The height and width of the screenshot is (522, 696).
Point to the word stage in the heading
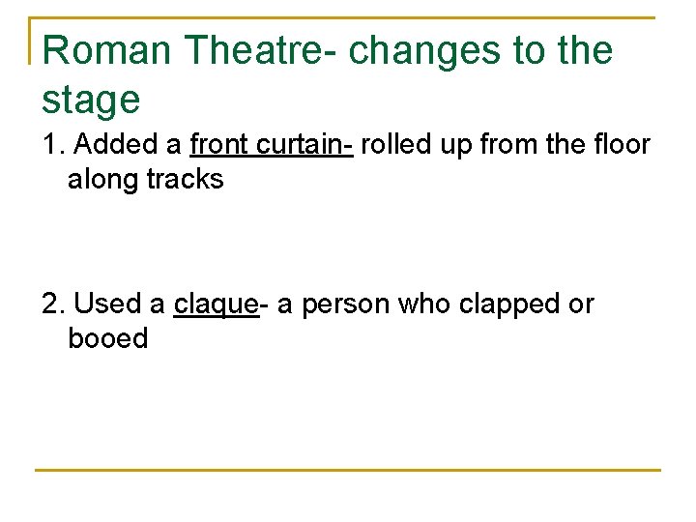pyautogui.click(x=91, y=100)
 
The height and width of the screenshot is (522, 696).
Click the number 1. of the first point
pyautogui.click(x=54, y=145)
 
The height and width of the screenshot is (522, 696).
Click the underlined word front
pyautogui.click(x=220, y=145)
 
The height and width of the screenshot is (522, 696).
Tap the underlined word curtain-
pyautogui.click(x=305, y=145)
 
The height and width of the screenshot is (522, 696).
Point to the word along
pyautogui.click(x=103, y=180)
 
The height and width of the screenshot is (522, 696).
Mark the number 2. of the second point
pyautogui.click(x=54, y=304)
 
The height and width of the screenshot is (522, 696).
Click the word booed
pyautogui.click(x=108, y=339)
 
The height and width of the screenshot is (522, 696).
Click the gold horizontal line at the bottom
pyautogui.click(x=348, y=471)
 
